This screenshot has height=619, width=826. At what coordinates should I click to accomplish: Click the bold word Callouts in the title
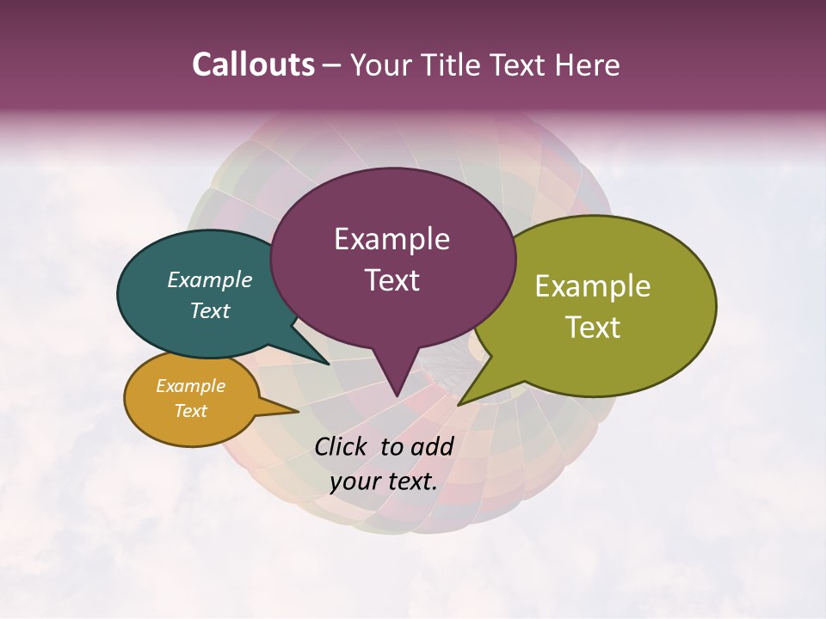(253, 64)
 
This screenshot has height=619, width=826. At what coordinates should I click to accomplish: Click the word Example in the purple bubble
(391, 239)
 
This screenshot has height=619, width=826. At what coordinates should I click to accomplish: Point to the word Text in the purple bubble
(391, 279)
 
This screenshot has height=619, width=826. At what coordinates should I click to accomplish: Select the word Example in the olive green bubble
(593, 286)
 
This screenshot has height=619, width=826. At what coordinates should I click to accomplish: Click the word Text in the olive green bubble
(593, 327)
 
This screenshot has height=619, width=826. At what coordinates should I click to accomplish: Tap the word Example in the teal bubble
(209, 279)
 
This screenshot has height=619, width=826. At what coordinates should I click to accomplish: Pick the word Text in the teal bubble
(209, 310)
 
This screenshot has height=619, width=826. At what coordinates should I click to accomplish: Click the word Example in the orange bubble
(190, 386)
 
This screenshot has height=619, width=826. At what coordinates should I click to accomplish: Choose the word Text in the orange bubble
(190, 411)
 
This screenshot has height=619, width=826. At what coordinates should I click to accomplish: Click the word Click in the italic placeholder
(342, 446)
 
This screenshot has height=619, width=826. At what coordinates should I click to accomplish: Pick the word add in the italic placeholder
(434, 446)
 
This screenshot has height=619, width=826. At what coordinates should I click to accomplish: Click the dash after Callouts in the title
(332, 65)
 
